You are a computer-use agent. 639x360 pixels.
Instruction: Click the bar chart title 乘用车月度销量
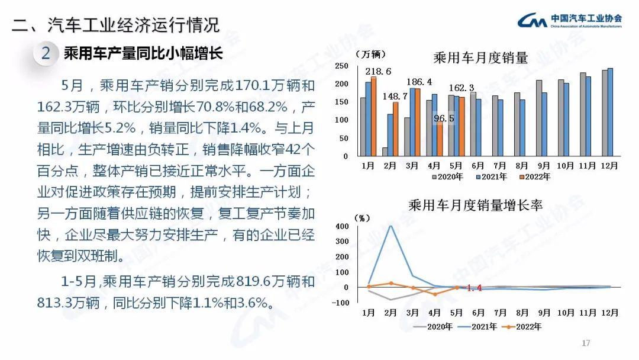pyautogui.click(x=480, y=58)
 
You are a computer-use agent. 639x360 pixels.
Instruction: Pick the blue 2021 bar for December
pyautogui.click(x=610, y=112)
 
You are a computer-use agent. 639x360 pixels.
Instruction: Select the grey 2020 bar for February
pyautogui.click(x=385, y=152)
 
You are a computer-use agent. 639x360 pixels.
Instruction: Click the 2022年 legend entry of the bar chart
pyautogui.click(x=535, y=176)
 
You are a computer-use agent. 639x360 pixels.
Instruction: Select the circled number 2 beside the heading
pyautogui.click(x=46, y=54)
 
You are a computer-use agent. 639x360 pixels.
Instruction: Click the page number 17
pyautogui.click(x=586, y=343)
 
